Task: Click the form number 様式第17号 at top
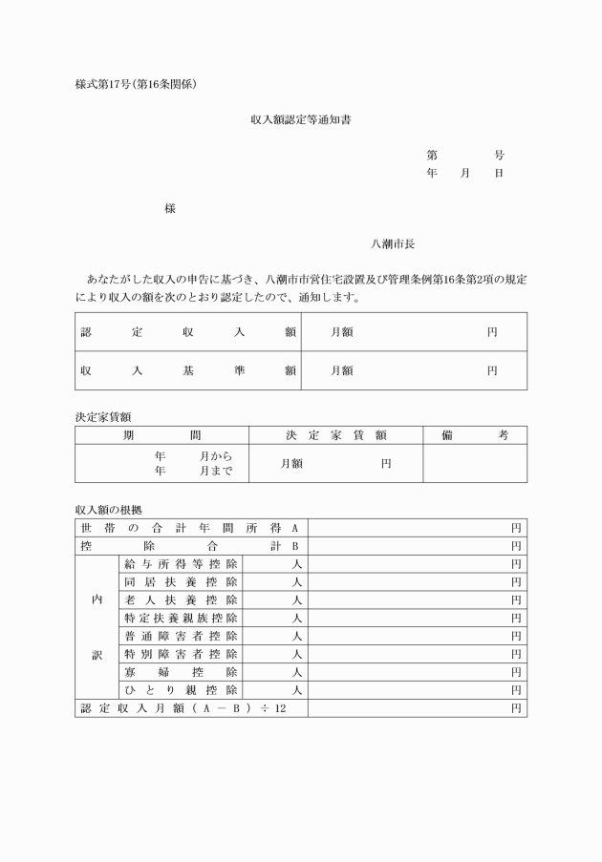(136, 85)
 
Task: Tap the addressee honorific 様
(169, 208)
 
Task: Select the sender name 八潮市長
(394, 244)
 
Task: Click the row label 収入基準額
(188, 370)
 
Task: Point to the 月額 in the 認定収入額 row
(342, 332)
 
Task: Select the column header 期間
(161, 435)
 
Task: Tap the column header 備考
(475, 435)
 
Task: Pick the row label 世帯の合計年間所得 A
(190, 528)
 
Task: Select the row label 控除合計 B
(190, 546)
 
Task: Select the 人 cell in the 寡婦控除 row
(297, 672)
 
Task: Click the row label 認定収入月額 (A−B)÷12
(183, 708)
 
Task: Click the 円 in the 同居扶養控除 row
(515, 582)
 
